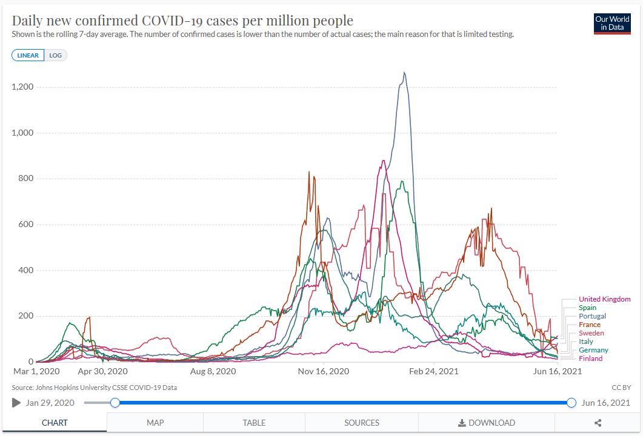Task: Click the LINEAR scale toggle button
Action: point(28,55)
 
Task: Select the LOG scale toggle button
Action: point(56,55)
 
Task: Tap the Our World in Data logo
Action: point(613,23)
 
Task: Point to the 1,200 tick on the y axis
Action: point(22,87)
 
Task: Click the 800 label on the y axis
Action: point(25,179)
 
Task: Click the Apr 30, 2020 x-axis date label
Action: point(103,371)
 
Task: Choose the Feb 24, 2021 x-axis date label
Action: point(435,371)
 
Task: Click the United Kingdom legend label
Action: point(604,299)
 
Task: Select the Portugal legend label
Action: point(592,316)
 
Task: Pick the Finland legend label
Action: point(590,358)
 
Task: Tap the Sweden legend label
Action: point(591,333)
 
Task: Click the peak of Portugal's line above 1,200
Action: point(404,73)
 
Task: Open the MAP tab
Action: point(155,423)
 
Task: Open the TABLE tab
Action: point(254,423)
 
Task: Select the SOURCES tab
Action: point(362,423)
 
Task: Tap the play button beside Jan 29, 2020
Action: point(16,403)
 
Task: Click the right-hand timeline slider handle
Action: point(571,403)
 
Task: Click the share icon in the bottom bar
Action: point(598,423)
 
